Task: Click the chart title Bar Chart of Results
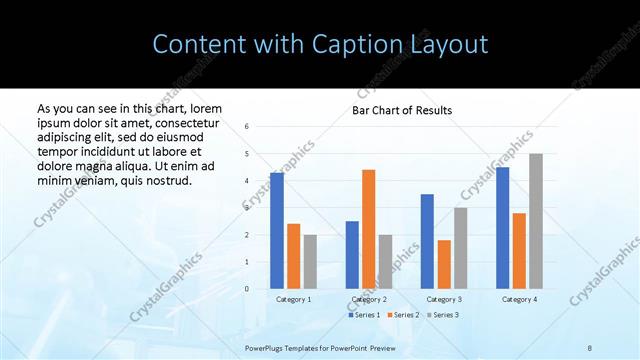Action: tap(401, 110)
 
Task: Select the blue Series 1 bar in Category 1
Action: tap(277, 231)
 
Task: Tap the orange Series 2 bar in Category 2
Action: tap(368, 229)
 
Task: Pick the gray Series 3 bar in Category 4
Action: tap(536, 221)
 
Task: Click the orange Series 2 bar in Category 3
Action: tap(444, 264)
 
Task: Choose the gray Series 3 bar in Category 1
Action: tap(310, 261)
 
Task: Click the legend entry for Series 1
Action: tap(364, 315)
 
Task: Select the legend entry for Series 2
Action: tap(402, 315)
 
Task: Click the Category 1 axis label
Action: tap(293, 299)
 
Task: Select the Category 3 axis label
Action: tap(443, 299)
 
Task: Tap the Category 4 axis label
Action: tap(519, 299)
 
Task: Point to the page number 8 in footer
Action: tap(590, 347)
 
